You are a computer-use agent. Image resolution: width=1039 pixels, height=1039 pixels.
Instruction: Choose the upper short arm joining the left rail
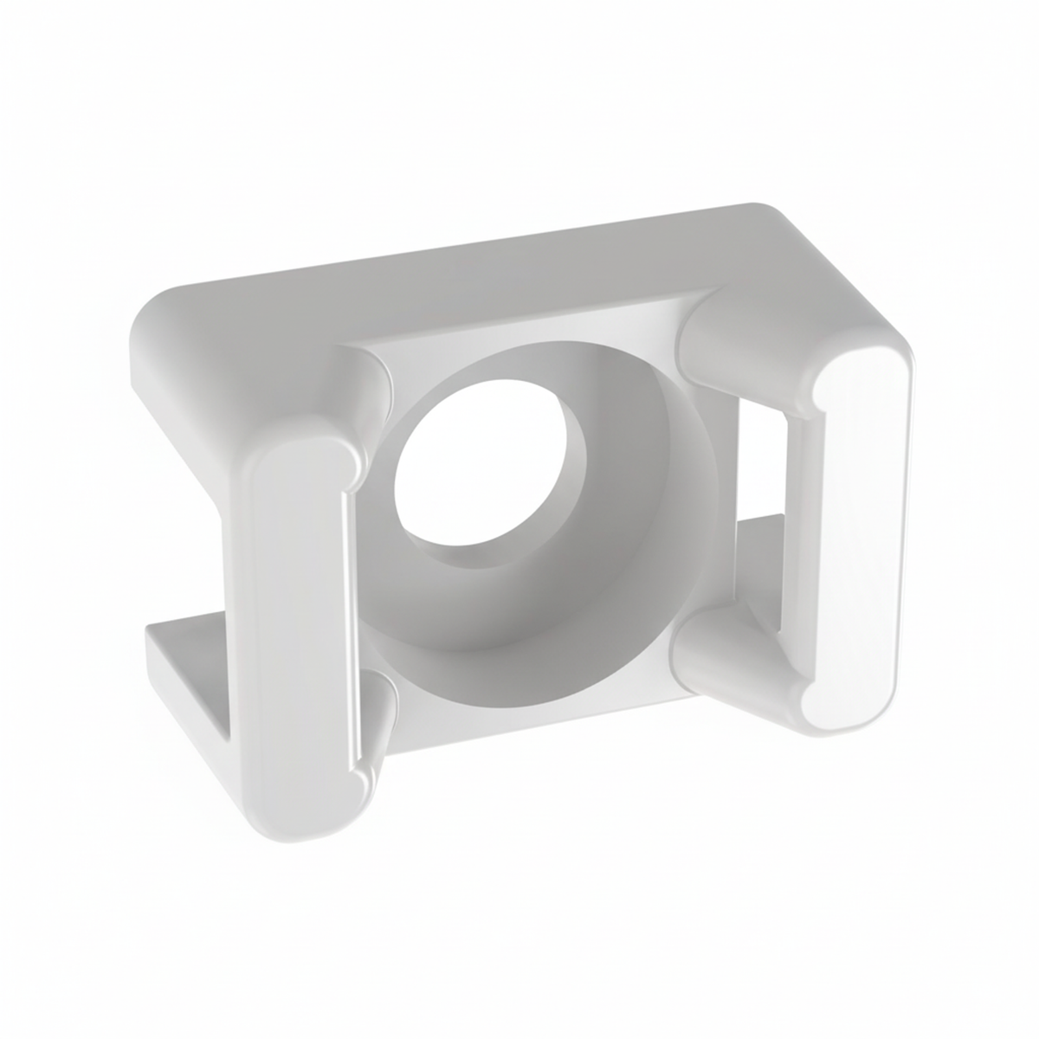tap(364, 390)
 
